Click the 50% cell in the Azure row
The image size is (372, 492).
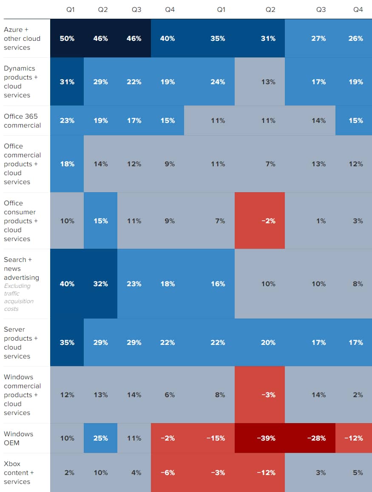[67, 38]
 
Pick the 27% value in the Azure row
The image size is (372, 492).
[318, 38]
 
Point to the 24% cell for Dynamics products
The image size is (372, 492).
[218, 82]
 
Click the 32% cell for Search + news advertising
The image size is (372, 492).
[101, 284]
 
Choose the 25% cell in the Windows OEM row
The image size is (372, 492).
[101, 438]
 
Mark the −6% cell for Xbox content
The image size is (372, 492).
[169, 472]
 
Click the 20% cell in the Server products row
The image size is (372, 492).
[268, 342]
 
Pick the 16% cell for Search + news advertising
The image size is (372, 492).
[218, 284]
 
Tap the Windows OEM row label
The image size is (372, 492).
[18, 438]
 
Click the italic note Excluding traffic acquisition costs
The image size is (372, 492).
[19, 297]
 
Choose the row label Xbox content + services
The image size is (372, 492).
[17, 472]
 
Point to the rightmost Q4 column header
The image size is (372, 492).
[358, 9]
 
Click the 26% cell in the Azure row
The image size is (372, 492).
[356, 38]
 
